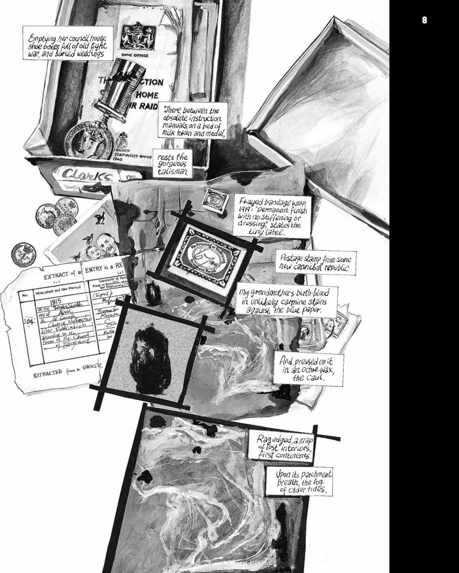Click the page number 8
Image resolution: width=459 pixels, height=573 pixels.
point(424,20)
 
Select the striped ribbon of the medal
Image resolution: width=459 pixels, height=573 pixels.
point(109,100)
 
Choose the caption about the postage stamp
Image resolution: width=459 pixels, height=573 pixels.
point(315,262)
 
